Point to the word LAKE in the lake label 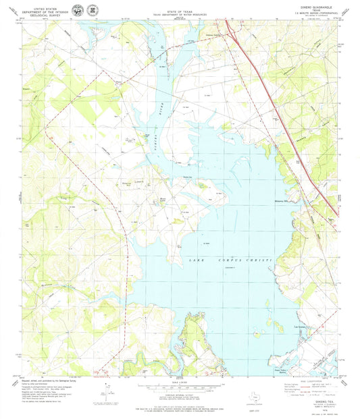pos(188,260)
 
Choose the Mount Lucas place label pos(163,199)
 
